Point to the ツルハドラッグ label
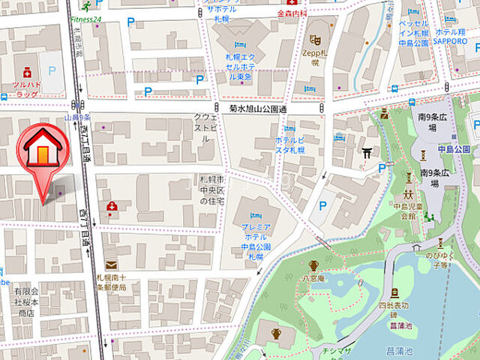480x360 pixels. (25, 90)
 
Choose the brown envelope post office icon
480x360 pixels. (110, 265)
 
